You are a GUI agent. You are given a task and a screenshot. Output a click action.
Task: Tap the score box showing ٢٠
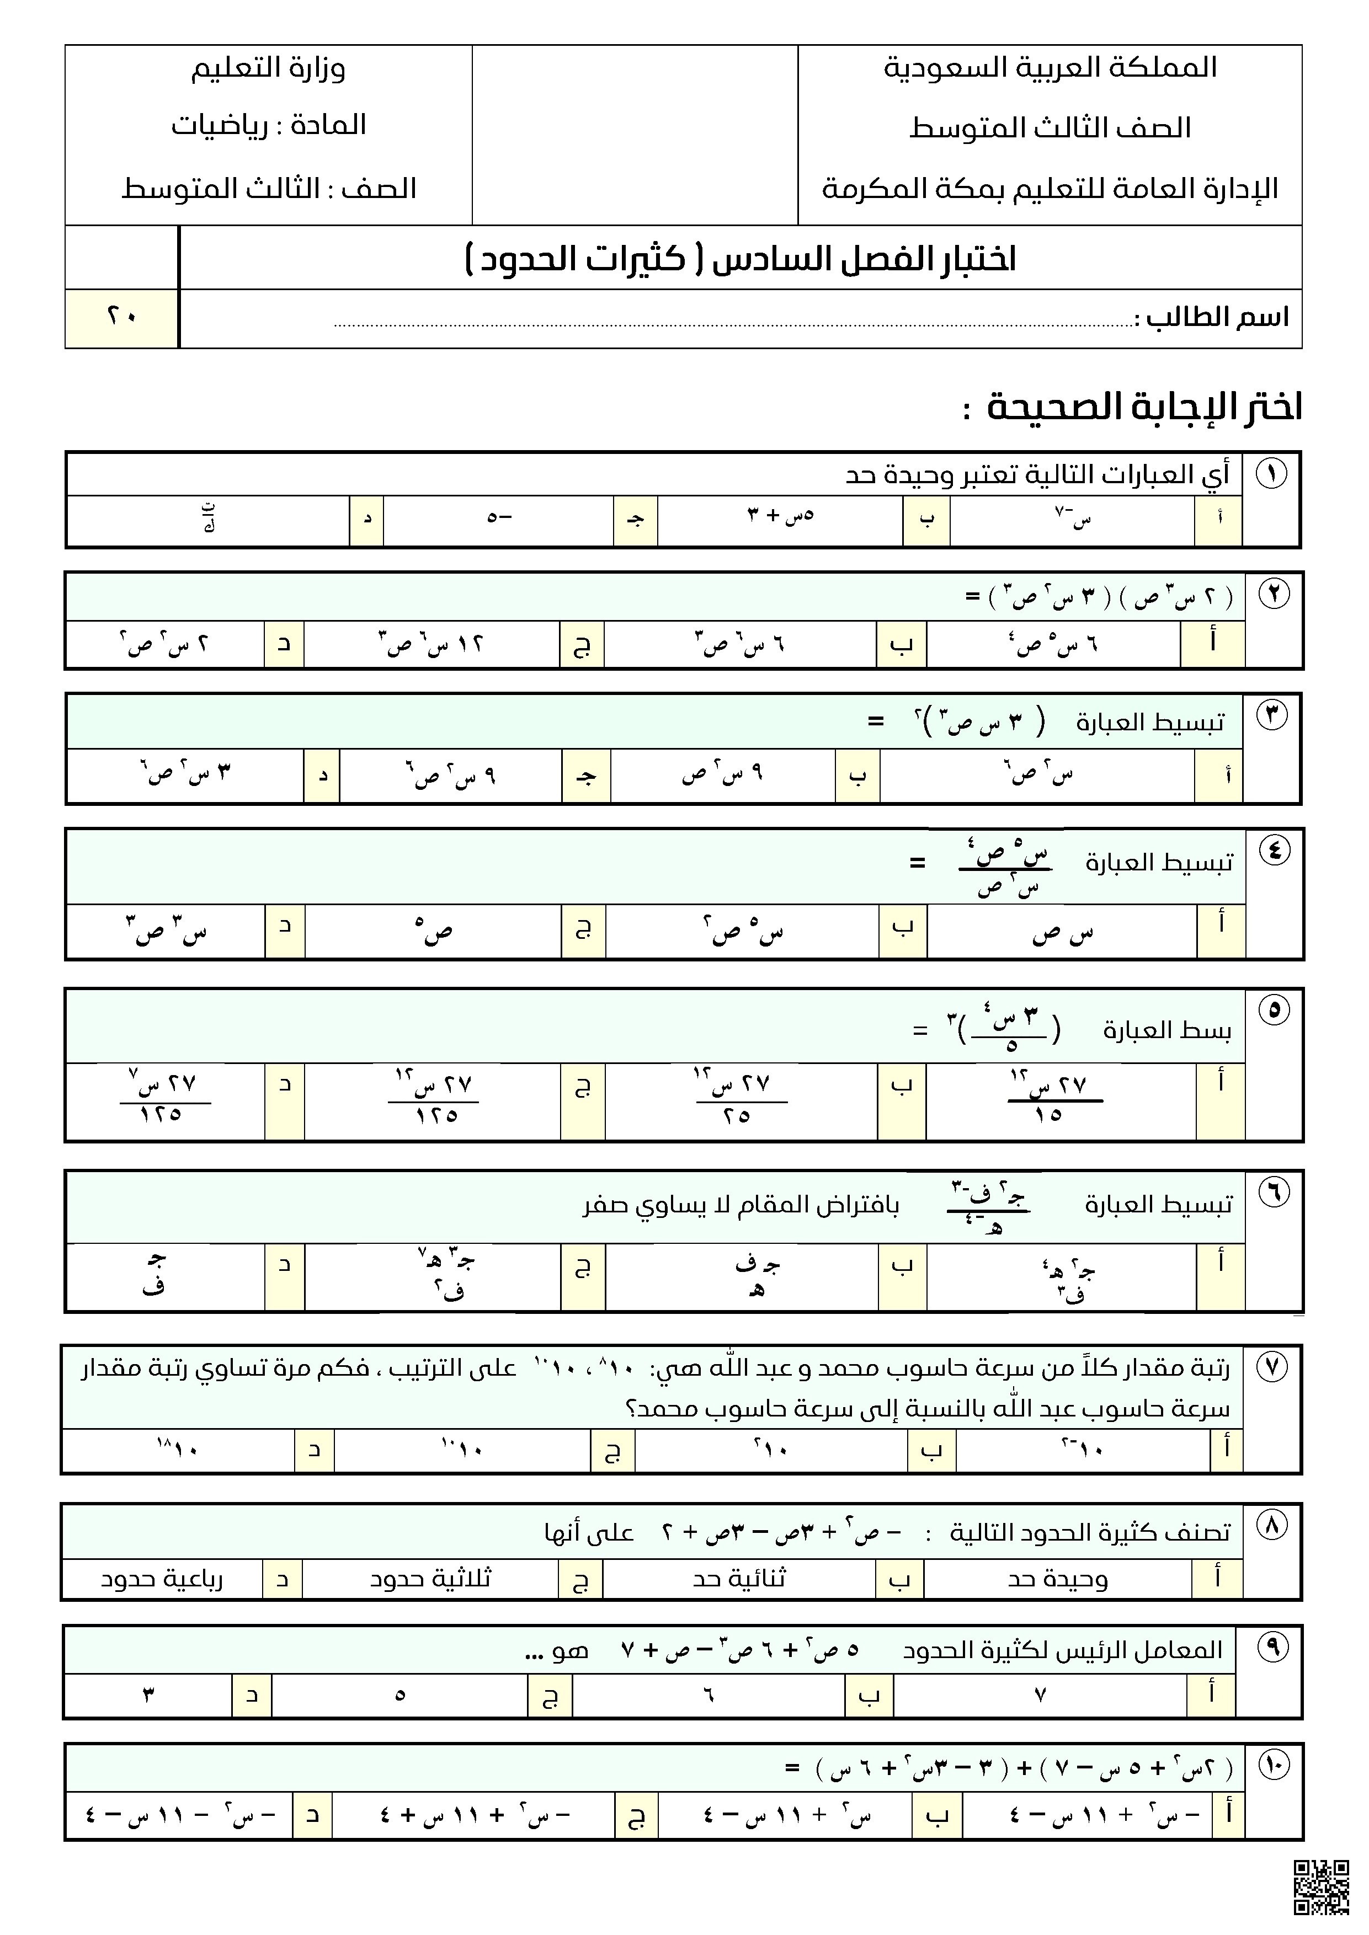coord(122,318)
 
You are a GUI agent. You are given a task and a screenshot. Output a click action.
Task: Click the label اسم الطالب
coord(1211,318)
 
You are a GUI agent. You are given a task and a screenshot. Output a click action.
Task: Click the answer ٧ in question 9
coord(1040,1695)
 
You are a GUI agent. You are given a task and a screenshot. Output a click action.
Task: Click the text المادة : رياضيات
coord(268,126)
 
